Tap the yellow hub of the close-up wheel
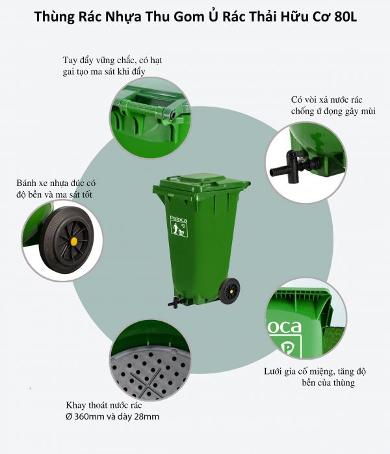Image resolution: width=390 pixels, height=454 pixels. coord(73,241)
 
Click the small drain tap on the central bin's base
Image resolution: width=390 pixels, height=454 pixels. coord(172,301)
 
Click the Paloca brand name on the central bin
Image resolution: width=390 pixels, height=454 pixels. coord(178,220)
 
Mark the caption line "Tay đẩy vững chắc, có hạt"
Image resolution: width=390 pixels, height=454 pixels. coord(112,60)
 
